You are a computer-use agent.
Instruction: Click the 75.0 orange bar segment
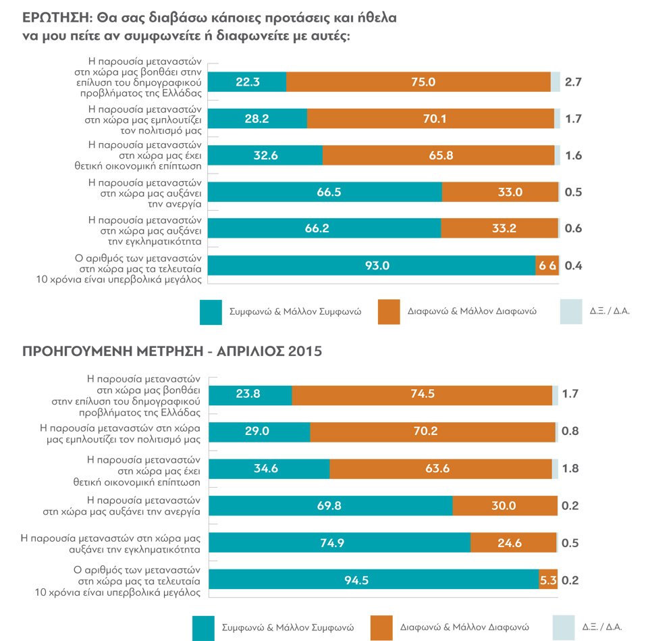tap(418, 82)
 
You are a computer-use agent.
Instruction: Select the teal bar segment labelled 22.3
tap(248, 82)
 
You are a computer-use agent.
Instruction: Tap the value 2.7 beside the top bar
tap(573, 82)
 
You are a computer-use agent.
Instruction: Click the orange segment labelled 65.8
tap(438, 155)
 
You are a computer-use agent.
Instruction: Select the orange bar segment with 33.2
tap(500, 228)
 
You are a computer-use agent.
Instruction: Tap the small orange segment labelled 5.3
tap(548, 580)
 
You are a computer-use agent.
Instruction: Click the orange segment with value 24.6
tap(513, 542)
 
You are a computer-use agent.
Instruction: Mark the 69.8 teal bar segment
tap(331, 505)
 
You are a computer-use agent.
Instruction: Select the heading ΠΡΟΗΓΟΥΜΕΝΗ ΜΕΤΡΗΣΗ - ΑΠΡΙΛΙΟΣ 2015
tap(172, 352)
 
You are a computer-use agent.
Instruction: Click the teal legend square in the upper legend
tap(212, 313)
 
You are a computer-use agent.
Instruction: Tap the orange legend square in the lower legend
tap(383, 627)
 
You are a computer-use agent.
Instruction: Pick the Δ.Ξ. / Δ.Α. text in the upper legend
tap(610, 312)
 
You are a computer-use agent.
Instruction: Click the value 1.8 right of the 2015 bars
tap(571, 468)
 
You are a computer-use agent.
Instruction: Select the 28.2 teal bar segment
tap(258, 118)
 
